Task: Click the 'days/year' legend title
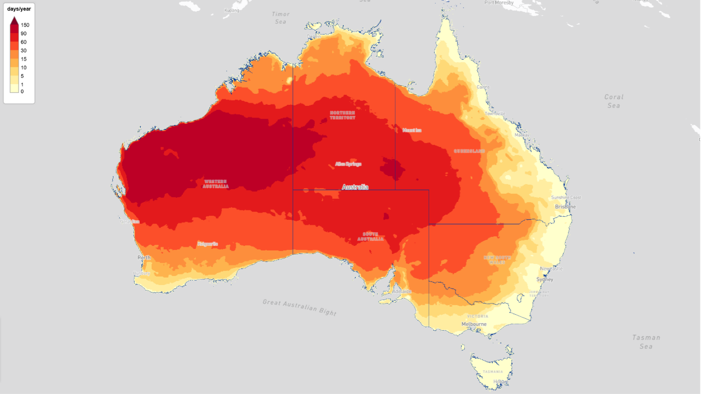(x=19, y=9)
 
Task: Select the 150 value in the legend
(x=25, y=25)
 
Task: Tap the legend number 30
(x=24, y=51)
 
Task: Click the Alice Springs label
(x=348, y=164)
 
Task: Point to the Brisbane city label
(x=565, y=207)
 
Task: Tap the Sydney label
(x=544, y=280)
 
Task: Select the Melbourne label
(x=474, y=324)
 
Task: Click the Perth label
(x=144, y=258)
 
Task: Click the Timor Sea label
(x=281, y=18)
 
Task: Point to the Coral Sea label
(x=614, y=101)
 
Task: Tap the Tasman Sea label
(x=646, y=342)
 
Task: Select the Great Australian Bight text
(x=299, y=307)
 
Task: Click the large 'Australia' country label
(x=355, y=187)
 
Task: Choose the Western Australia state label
(x=215, y=184)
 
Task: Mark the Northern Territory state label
(x=342, y=115)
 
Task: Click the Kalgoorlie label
(x=208, y=244)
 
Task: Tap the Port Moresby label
(x=499, y=3)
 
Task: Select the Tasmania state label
(x=493, y=372)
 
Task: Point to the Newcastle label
(x=551, y=269)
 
